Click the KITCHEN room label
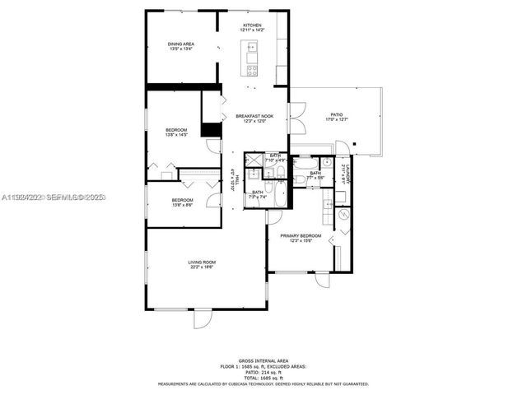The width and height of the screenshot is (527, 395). point(252,26)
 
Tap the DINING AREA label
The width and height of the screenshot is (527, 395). point(181,44)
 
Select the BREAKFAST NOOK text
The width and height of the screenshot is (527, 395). point(254,116)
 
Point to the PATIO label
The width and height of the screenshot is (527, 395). point(336,115)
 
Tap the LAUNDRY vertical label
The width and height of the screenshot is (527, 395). point(349,172)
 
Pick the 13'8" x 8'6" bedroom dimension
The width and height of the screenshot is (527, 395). point(182,205)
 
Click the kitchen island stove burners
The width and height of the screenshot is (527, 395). point(251,69)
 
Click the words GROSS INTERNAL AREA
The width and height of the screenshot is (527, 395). point(263,360)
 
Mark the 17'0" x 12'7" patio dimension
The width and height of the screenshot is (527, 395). point(336,120)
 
